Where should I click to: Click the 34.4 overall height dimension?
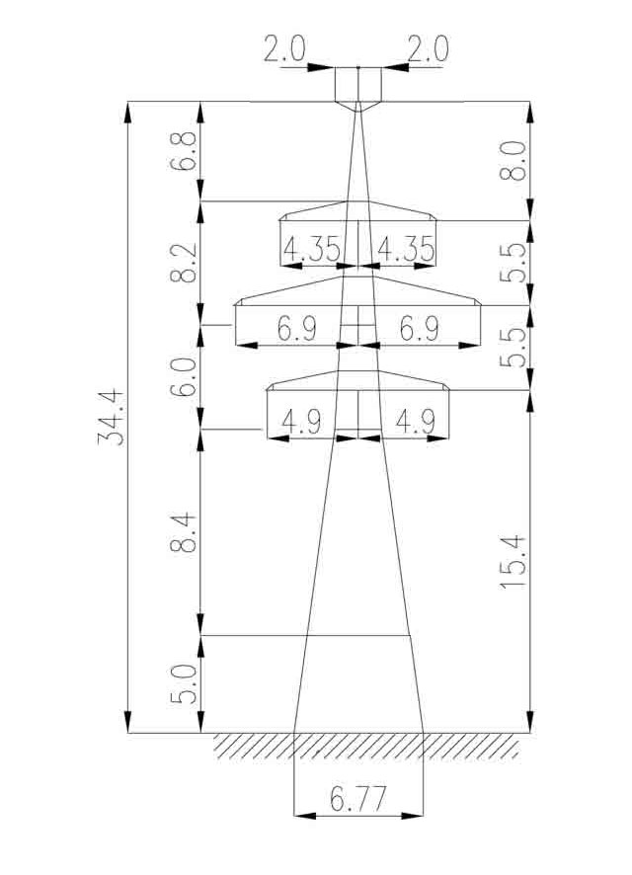coord(111,418)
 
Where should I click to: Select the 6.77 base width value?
coord(357,800)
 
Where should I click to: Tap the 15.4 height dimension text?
coord(513,562)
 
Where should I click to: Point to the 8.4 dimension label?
coord(184,532)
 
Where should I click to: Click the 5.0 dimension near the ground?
coord(184,684)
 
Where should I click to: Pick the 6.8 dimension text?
coord(184,151)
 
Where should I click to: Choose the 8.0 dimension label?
coord(513,160)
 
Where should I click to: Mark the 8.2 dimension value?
coord(184,263)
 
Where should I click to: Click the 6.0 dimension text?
coord(184,377)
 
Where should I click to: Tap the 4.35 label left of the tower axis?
coord(311,249)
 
